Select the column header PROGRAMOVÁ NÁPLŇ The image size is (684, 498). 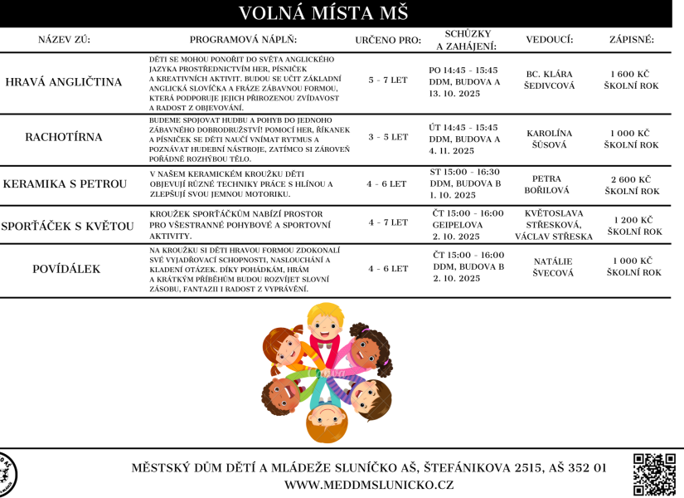tap(243, 40)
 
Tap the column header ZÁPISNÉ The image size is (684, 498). tap(631, 40)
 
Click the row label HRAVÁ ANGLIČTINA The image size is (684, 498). tap(64, 82)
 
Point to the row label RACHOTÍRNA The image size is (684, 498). tap(64, 137)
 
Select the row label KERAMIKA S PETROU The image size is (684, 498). tap(65, 183)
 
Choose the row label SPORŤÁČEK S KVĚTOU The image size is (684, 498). tap(67, 226)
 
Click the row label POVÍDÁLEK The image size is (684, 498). tap(64, 269)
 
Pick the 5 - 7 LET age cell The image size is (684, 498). tap(388, 81)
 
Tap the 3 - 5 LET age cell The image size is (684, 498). tap(388, 136)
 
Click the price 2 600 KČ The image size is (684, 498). tap(631, 179)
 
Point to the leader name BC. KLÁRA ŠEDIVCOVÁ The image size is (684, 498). tap(550, 81)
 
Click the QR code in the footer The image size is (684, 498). tap(655, 475)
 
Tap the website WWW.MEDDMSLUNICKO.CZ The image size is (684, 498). tap(370, 484)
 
